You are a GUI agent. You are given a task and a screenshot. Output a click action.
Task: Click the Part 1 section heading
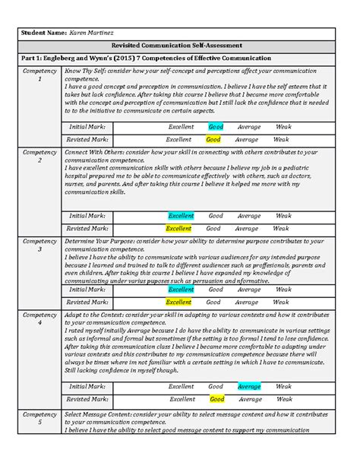coord(144,59)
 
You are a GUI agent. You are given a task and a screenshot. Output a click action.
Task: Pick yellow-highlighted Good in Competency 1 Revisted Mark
coord(213,140)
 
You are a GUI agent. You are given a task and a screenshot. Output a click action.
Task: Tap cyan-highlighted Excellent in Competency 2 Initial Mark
coord(181,216)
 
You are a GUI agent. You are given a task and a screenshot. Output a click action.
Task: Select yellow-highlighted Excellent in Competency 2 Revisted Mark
coord(179,228)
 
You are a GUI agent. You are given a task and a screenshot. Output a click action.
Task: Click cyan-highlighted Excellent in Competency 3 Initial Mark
coord(181,290)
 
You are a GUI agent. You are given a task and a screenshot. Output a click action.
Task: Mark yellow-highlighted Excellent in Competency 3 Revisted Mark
coord(179,302)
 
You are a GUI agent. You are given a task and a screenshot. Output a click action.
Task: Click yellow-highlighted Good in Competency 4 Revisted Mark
coord(216,398)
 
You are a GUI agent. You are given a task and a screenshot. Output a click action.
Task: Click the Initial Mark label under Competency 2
coord(88,216)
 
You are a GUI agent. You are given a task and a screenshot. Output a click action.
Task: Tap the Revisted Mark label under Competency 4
coord(88,398)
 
